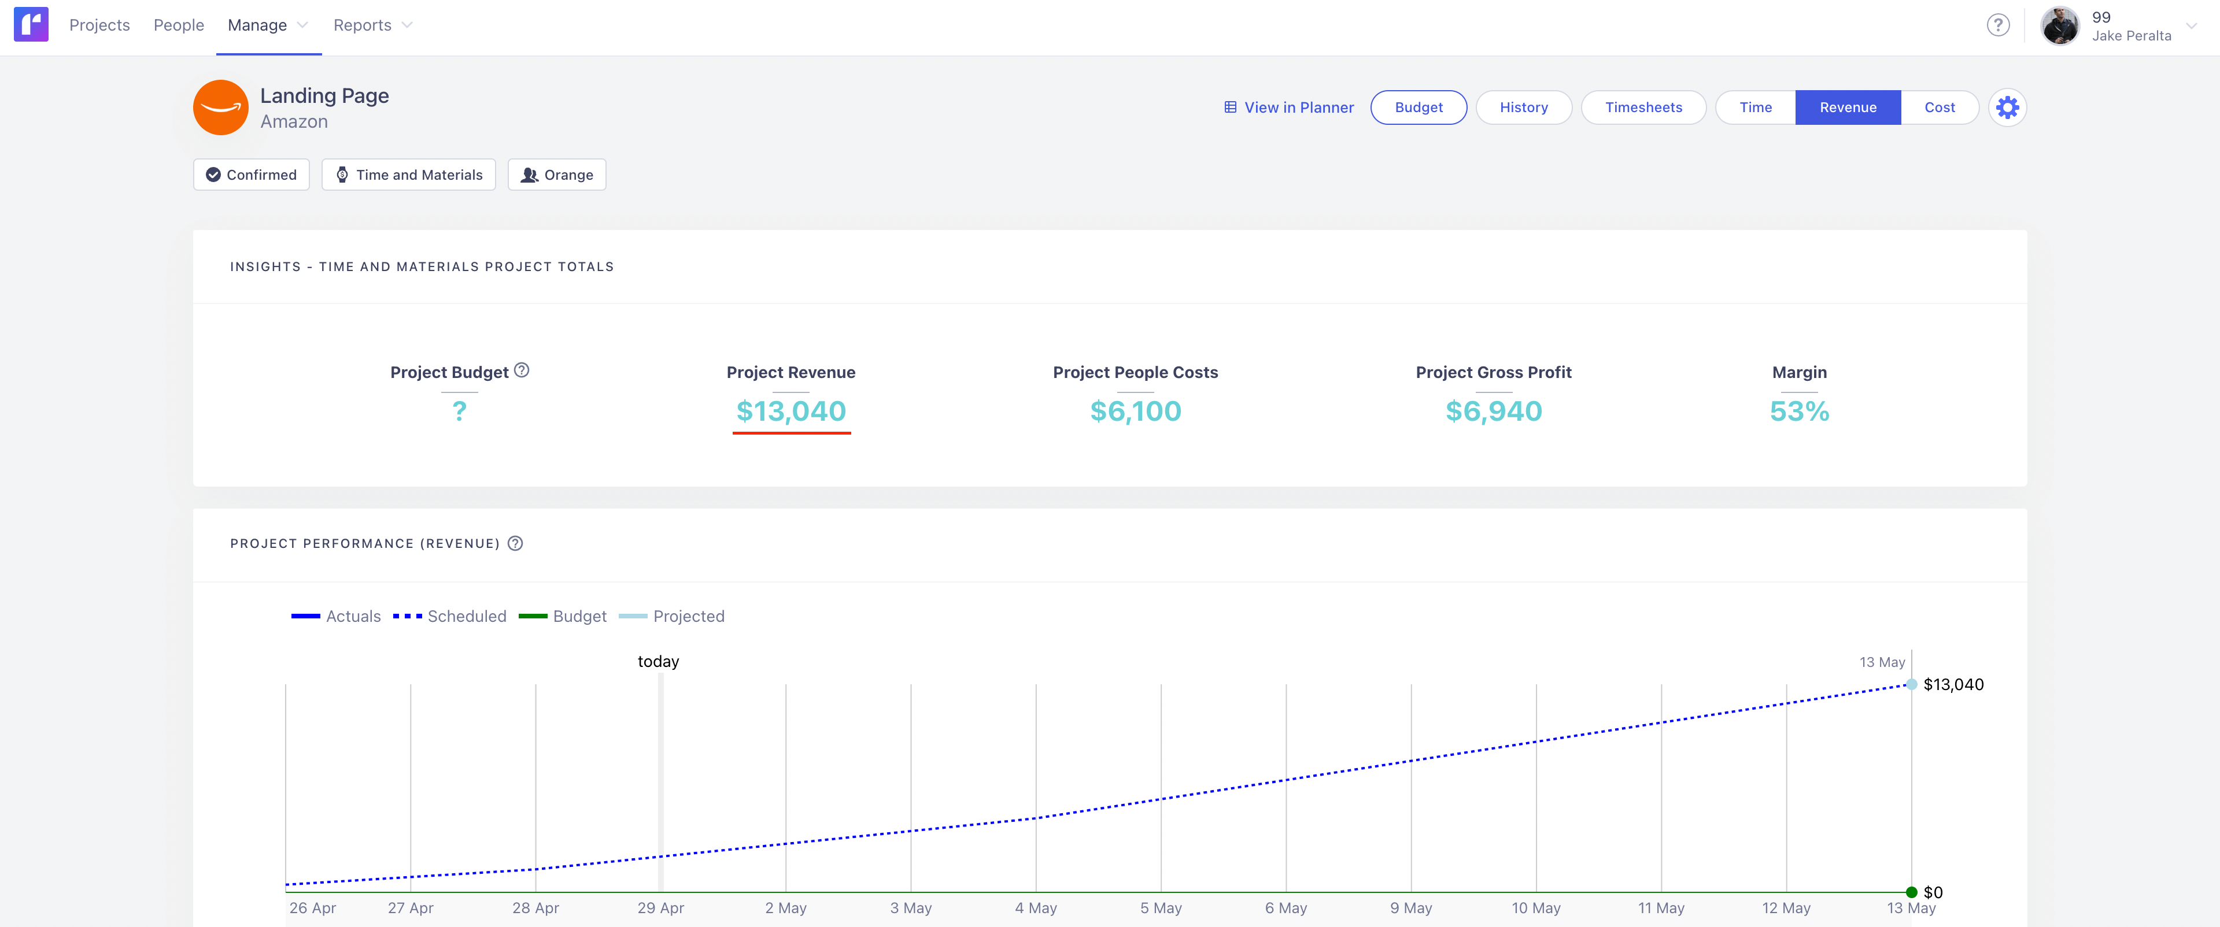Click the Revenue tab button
pos(1847,107)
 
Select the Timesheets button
pos(1643,107)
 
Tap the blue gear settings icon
pos(2007,107)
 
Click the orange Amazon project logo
pos(221,107)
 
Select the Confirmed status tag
pos(252,175)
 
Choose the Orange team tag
pos(557,175)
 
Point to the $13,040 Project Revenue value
pos(791,411)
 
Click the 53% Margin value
pos(1798,411)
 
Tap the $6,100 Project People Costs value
pos(1135,411)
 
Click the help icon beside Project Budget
pos(522,370)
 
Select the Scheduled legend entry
pos(450,616)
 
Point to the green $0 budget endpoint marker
pos(1911,892)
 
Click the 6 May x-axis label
pos(1286,908)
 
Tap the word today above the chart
pos(659,662)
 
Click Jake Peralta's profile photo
pos(2060,26)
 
